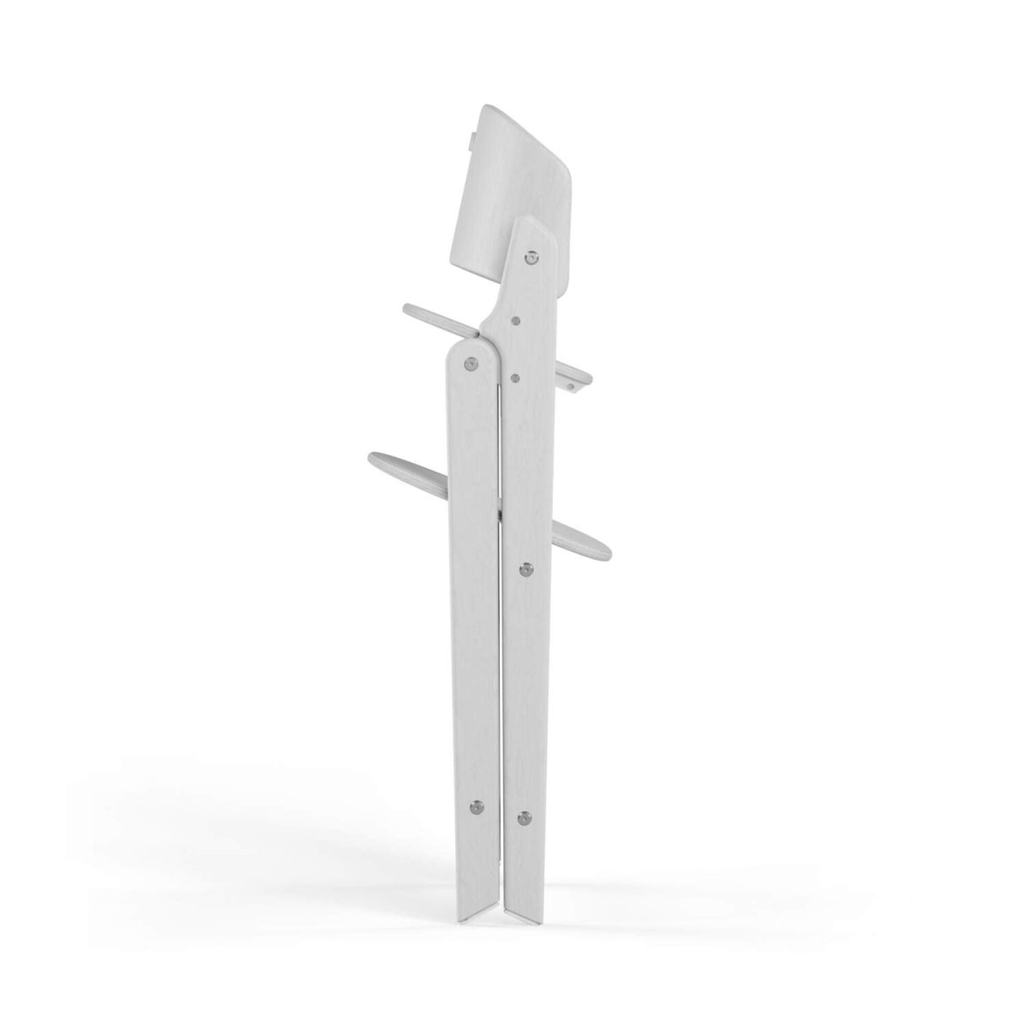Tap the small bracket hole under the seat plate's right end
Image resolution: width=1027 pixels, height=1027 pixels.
pyautogui.click(x=571, y=386)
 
